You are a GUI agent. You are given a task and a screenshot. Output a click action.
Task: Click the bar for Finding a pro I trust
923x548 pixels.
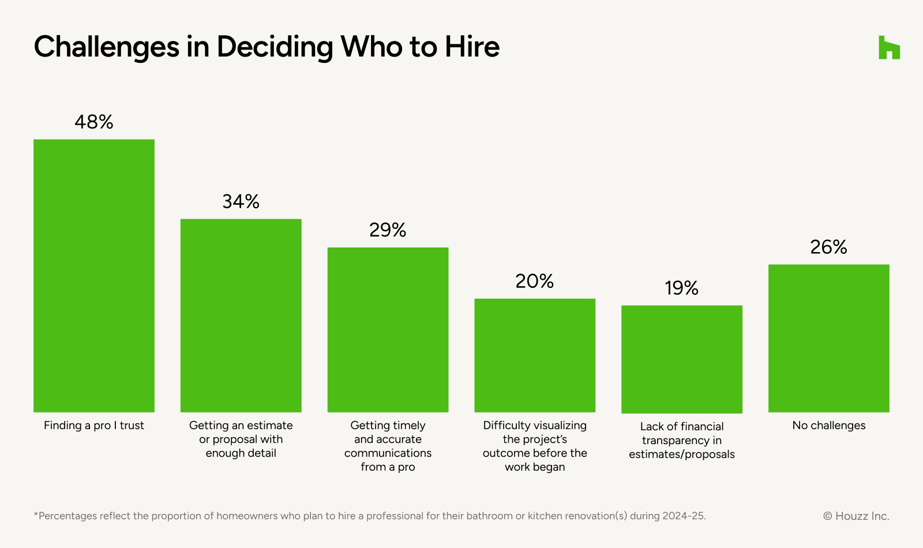pos(94,276)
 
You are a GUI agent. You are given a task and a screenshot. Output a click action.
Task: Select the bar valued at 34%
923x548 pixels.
pos(241,316)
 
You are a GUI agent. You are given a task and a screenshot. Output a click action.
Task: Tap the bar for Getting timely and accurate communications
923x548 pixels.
pos(388,330)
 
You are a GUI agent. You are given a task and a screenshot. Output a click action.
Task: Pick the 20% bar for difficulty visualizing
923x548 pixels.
pos(535,355)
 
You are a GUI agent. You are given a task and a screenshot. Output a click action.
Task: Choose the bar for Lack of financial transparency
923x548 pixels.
pos(682,359)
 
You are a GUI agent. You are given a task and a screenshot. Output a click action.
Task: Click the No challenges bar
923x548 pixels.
pos(829,339)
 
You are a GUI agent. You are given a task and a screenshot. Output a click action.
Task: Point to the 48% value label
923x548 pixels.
pos(94,122)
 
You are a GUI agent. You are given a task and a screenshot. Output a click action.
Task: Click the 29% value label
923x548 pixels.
pos(388,230)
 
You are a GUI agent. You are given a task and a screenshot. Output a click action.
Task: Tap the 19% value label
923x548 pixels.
pos(682,288)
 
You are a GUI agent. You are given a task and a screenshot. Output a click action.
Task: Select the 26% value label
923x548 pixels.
pos(829,247)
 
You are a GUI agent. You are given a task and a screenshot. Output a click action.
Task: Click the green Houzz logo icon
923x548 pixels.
pos(889,47)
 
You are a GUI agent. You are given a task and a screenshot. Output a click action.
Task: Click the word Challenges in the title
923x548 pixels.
pos(107,47)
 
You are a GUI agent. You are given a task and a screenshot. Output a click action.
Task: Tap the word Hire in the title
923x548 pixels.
pos(472,47)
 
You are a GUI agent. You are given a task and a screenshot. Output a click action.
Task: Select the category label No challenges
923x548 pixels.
pos(829,426)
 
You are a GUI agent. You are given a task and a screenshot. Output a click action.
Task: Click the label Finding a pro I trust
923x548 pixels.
pos(94,426)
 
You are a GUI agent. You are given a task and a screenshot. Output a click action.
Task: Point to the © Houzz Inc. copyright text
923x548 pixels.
pos(856,516)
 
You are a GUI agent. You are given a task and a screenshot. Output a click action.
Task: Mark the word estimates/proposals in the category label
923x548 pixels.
pos(682,455)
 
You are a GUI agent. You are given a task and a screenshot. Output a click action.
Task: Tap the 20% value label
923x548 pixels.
pos(535,281)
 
